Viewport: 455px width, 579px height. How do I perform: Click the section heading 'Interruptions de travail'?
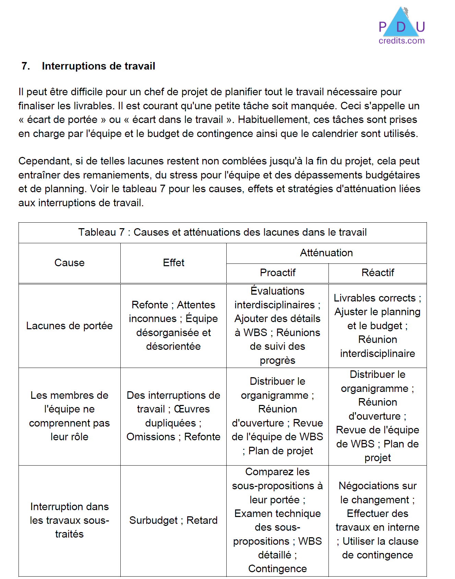click(x=98, y=66)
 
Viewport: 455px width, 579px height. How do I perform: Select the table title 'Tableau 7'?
click(x=222, y=232)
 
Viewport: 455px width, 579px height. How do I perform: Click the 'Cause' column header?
click(x=69, y=263)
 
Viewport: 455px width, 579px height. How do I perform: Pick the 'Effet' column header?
click(x=173, y=263)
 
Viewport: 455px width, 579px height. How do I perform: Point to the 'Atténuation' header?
click(x=326, y=253)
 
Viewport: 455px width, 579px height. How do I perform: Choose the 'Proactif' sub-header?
click(x=277, y=273)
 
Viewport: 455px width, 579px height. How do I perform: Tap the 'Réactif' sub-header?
click(x=378, y=273)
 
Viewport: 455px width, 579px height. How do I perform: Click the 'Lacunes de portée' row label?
click(x=69, y=326)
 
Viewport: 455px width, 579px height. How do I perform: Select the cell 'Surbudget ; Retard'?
click(x=173, y=520)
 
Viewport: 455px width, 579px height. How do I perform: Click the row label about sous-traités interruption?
click(x=69, y=520)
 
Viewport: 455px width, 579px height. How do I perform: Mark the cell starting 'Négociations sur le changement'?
click(x=378, y=520)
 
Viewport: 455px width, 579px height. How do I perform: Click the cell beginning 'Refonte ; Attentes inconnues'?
click(x=173, y=325)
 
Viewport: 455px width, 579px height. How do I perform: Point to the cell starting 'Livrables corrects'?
click(x=378, y=325)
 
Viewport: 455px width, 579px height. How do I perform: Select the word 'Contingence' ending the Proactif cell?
click(x=277, y=569)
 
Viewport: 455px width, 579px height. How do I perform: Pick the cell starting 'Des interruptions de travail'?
click(x=173, y=416)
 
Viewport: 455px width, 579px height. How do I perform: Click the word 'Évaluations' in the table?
click(x=277, y=291)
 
